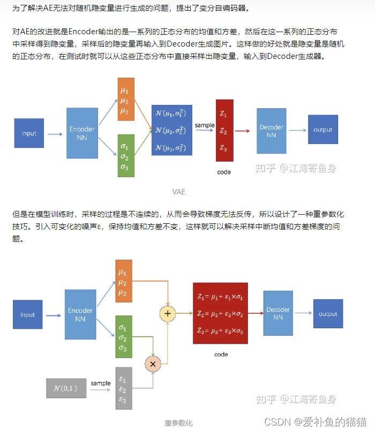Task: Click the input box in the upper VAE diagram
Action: (x=29, y=133)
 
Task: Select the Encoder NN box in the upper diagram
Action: (x=82, y=133)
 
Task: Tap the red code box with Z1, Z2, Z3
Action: (x=224, y=130)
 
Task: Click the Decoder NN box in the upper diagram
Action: (x=271, y=131)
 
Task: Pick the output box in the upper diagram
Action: (x=322, y=130)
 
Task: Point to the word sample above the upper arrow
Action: (x=205, y=125)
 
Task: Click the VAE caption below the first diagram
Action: (x=179, y=191)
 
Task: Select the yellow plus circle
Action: (x=168, y=313)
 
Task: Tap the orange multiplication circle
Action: (x=153, y=363)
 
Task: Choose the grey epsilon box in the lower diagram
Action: (x=124, y=388)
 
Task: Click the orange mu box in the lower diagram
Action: (x=124, y=282)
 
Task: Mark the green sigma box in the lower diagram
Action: (x=124, y=337)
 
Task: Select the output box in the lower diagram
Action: (x=328, y=314)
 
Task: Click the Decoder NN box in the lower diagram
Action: (x=278, y=313)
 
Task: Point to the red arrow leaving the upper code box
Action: (x=242, y=131)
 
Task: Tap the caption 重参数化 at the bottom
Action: (x=178, y=423)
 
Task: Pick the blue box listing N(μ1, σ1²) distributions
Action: (x=171, y=130)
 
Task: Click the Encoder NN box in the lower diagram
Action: (x=80, y=314)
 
